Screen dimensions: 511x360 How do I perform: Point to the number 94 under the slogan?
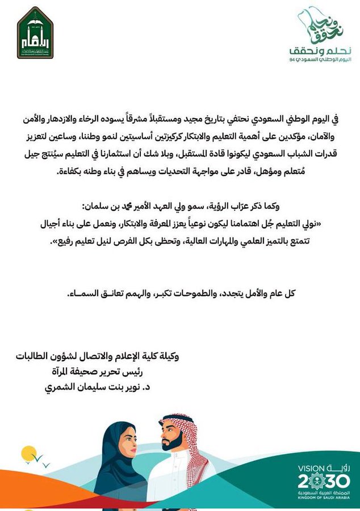click(292, 59)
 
